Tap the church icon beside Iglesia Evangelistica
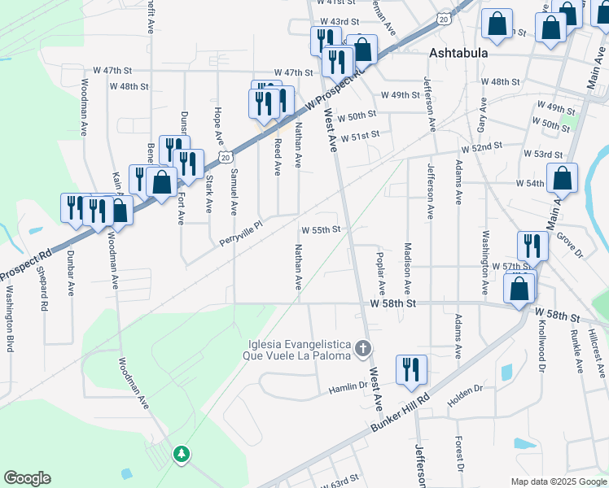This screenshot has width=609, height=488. coord(364,349)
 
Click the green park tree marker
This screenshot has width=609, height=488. coord(182,454)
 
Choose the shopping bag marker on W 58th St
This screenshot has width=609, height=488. coord(519,288)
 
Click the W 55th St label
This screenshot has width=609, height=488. coord(321,230)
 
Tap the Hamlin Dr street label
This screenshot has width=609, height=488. coord(347,388)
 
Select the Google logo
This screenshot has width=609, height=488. coord(27,478)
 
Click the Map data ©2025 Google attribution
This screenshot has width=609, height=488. coord(558,481)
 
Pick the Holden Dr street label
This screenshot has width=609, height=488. coord(467,396)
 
